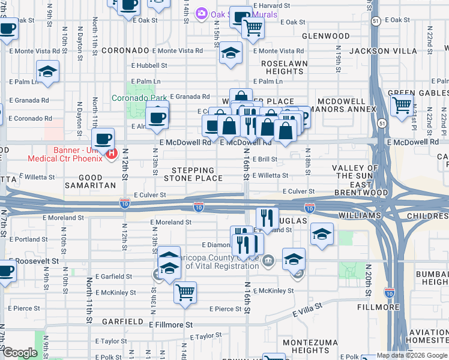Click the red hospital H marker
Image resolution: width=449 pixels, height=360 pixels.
pyautogui.click(x=111, y=154)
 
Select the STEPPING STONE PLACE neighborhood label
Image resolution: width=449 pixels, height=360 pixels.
pyautogui.click(x=193, y=175)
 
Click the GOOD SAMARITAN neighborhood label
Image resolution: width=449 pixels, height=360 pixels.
pyautogui.click(x=89, y=186)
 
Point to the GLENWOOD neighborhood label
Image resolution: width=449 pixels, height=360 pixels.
pyautogui.click(x=325, y=36)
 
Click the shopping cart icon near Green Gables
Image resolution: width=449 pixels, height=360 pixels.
pyautogui.click(x=401, y=106)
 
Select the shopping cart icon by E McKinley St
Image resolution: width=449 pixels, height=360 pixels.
pyautogui.click(x=185, y=292)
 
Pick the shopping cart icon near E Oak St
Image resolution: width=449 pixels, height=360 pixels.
pyautogui.click(x=253, y=26)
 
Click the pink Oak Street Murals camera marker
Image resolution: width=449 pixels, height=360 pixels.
pyautogui.click(x=202, y=13)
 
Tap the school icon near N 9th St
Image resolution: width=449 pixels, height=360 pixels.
pyautogui.click(x=47, y=72)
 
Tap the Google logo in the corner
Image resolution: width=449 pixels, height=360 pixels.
pyautogui.click(x=20, y=353)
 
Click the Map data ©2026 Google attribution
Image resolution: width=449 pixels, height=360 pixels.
pyautogui.click(x=412, y=355)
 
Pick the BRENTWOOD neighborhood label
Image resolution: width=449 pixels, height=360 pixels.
pyautogui.click(x=354, y=192)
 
